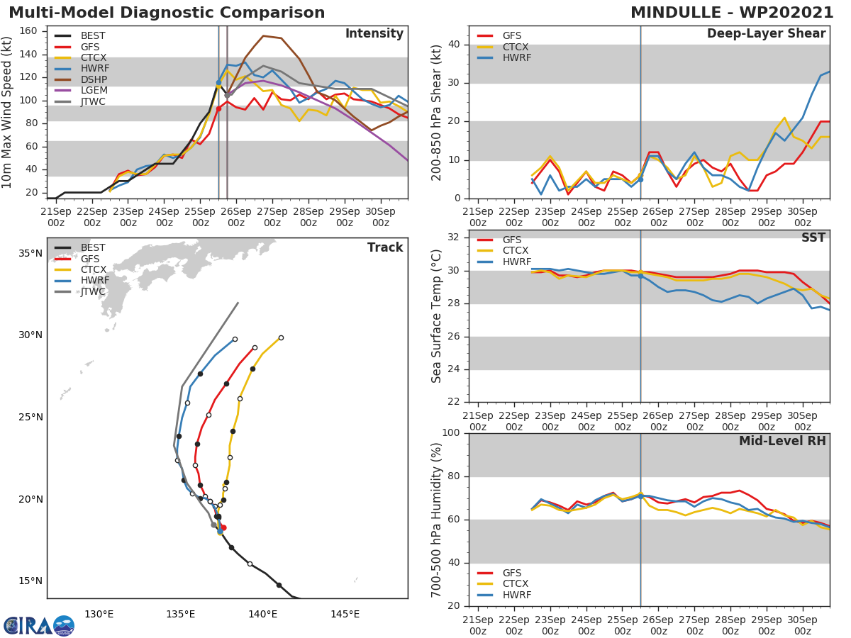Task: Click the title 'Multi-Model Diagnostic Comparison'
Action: pos(167,13)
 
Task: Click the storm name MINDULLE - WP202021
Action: pos(732,13)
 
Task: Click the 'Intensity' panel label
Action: pos(374,34)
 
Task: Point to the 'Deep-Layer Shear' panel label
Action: pos(766,34)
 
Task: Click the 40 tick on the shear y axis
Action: pos(455,45)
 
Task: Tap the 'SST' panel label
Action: pos(813,238)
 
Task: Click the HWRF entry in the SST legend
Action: pos(517,262)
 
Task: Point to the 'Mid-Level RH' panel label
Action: pos(782,441)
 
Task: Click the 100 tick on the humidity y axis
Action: pos(452,433)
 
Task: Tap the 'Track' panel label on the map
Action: pos(385,247)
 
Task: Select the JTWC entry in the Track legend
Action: pos(93,291)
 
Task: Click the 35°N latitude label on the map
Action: pos(30,253)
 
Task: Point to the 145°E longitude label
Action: pos(345,614)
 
